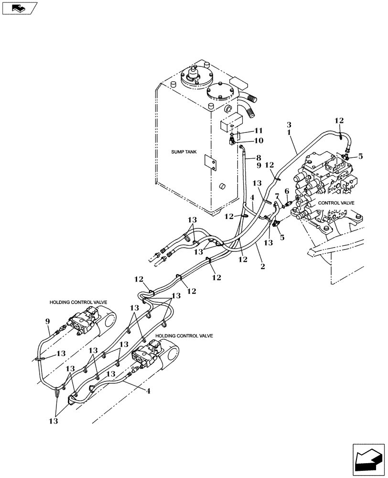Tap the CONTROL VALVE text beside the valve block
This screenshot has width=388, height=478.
point(336,203)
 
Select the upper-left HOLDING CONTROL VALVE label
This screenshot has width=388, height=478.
point(78,303)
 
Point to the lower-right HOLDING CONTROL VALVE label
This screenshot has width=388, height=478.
point(184,336)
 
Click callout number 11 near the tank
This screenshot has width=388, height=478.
point(259,130)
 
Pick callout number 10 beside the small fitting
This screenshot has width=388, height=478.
point(259,141)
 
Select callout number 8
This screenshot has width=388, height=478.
point(259,157)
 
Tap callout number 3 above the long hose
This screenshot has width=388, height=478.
point(289,125)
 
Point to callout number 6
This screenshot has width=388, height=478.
point(287,191)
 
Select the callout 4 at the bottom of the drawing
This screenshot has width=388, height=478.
point(148,391)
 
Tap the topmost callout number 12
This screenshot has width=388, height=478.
point(339,121)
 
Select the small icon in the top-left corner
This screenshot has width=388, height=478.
point(19,8)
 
